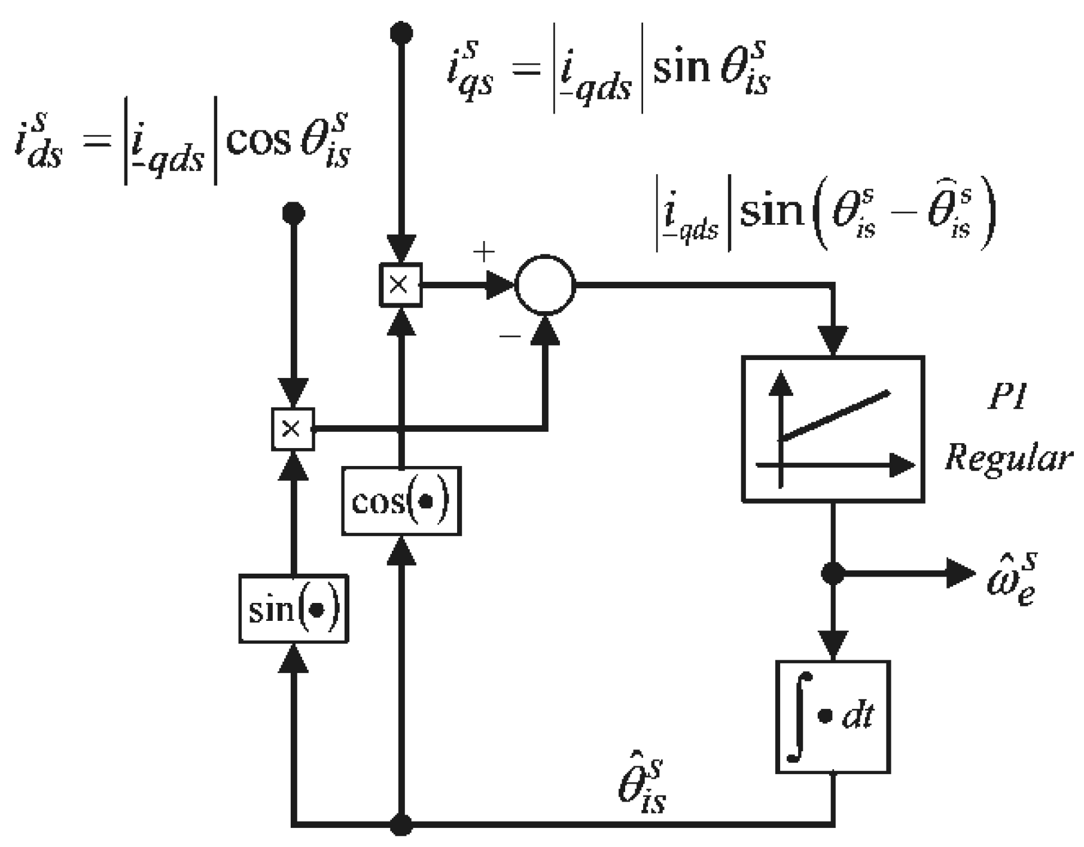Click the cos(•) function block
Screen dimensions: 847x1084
click(x=401, y=501)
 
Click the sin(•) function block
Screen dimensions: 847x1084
click(x=293, y=609)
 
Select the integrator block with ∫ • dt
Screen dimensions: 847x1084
click(x=833, y=717)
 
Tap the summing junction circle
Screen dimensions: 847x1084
click(x=545, y=285)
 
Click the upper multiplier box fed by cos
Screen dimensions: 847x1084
click(x=400, y=285)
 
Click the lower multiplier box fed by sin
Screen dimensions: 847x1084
click(x=293, y=428)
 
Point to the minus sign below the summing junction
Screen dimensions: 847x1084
click(x=510, y=337)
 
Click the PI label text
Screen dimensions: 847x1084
click(x=1006, y=398)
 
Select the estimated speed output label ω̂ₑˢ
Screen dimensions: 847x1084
click(x=1011, y=580)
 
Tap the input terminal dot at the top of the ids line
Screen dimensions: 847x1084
click(x=293, y=212)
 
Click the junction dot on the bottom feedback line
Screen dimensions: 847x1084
click(x=401, y=825)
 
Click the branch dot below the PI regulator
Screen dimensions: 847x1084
click(x=833, y=574)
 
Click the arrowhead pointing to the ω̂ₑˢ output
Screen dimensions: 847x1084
click(x=961, y=574)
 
